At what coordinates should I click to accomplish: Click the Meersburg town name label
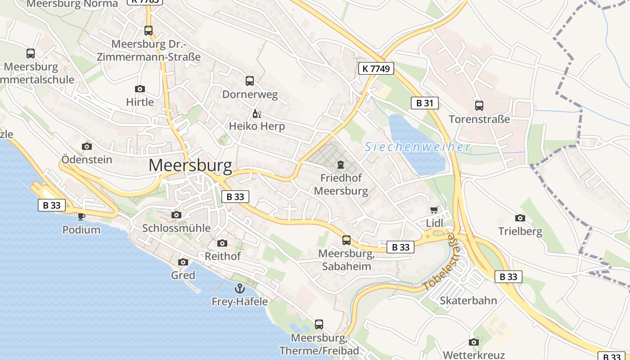(x=190, y=166)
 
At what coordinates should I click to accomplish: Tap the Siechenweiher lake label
(x=417, y=147)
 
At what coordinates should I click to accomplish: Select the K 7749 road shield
(x=376, y=68)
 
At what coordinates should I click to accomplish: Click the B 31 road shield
(x=424, y=103)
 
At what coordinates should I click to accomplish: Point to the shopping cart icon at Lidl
(x=434, y=210)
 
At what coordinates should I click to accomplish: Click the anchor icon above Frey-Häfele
(x=239, y=288)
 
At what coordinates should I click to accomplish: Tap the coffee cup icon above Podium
(x=81, y=216)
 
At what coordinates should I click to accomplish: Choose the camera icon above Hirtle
(x=140, y=89)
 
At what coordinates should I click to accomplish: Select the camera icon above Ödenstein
(x=87, y=146)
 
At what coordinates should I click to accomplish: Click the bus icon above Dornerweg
(x=250, y=81)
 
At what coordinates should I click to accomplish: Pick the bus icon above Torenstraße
(x=479, y=106)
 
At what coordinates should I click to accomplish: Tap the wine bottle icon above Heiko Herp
(x=256, y=113)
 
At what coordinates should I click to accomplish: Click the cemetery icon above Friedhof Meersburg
(x=341, y=165)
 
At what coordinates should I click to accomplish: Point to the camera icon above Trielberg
(x=520, y=218)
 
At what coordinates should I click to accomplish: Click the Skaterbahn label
(x=468, y=301)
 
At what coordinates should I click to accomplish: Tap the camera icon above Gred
(x=183, y=262)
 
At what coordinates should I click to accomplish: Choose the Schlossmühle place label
(x=176, y=228)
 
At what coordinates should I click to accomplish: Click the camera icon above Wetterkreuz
(x=473, y=342)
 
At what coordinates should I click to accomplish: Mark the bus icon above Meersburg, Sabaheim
(x=346, y=240)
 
